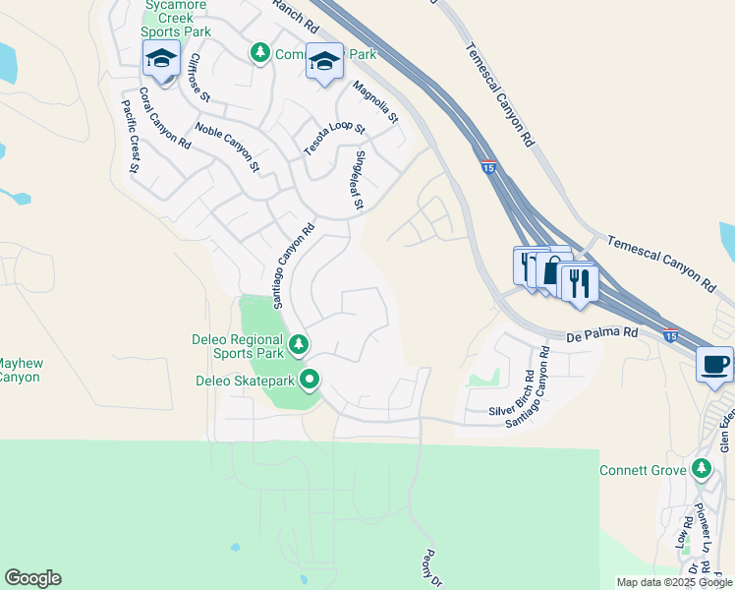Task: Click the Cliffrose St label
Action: [199, 78]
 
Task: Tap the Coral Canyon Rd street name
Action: [164, 118]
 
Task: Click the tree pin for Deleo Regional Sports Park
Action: [299, 345]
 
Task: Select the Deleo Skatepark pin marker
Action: [311, 379]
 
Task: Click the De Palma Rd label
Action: [602, 334]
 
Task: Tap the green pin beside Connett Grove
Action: [702, 470]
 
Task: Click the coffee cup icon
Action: [714, 365]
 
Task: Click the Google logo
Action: [32, 578]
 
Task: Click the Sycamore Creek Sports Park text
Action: [178, 19]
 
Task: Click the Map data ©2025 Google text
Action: [673, 582]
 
